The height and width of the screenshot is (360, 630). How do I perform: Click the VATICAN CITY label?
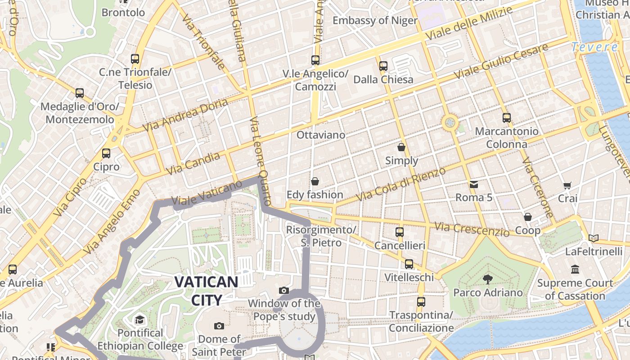tap(206, 291)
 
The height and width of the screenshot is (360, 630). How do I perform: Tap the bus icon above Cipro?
tap(106, 153)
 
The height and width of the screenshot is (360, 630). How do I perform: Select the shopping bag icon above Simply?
tap(401, 147)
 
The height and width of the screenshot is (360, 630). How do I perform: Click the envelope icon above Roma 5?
tap(474, 184)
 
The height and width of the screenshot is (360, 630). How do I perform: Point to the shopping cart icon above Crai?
tap(567, 185)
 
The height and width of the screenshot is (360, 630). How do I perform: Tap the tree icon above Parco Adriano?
tap(487, 279)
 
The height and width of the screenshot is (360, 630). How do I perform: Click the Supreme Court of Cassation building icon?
tap(575, 270)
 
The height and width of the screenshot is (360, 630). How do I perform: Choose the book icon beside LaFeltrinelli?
tap(594, 238)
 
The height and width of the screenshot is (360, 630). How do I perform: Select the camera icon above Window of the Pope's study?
tap(283, 291)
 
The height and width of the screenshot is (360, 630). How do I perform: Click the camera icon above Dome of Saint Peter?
tap(219, 326)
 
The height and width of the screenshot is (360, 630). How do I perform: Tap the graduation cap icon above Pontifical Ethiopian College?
tap(139, 320)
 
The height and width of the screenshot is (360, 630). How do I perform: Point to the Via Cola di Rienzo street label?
tap(400, 184)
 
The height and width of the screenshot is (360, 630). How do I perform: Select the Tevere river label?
tap(594, 47)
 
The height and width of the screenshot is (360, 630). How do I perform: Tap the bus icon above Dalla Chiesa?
tap(383, 66)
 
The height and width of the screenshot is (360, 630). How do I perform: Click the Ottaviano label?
tap(321, 135)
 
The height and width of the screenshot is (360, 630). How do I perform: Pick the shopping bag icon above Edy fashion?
tap(315, 181)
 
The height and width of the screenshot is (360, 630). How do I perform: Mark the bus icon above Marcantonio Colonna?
tap(507, 118)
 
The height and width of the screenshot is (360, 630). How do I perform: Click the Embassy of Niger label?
tap(375, 20)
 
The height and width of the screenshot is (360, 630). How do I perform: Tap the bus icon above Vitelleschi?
tap(409, 264)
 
